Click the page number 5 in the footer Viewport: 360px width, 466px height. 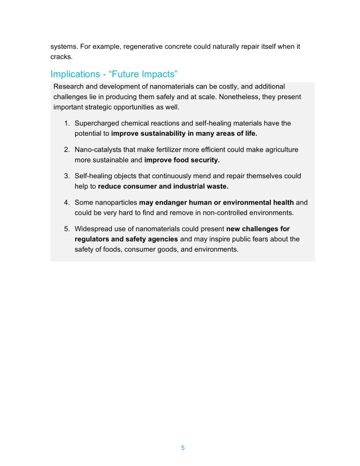[x=182, y=448]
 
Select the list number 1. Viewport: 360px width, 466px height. [x=67, y=123]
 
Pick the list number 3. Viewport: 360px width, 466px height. [x=67, y=176]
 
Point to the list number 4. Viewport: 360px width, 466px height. [x=67, y=202]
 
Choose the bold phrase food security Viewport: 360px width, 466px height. [x=200, y=160]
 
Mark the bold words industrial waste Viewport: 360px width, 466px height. [x=200, y=186]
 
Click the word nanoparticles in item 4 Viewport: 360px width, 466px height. [x=115, y=202]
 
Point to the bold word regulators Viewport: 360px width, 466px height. [x=96, y=239]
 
